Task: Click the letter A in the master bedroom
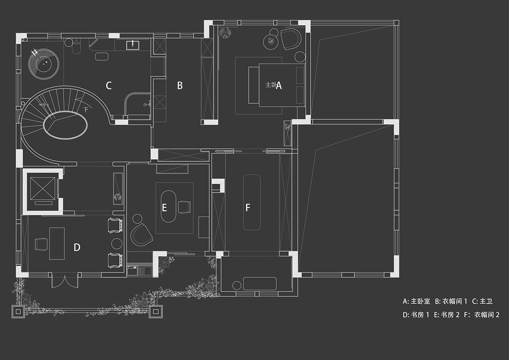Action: click(x=279, y=85)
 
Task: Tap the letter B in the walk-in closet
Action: click(x=180, y=85)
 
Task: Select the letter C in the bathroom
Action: click(x=109, y=85)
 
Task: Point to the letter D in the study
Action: click(x=77, y=247)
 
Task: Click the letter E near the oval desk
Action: click(x=164, y=208)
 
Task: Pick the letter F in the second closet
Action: click(x=248, y=208)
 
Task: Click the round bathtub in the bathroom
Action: click(x=44, y=63)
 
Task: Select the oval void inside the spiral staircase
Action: click(x=65, y=125)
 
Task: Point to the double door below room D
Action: click(x=64, y=280)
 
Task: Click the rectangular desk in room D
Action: click(x=57, y=243)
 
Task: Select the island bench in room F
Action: click(x=251, y=202)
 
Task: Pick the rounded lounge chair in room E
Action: click(x=141, y=235)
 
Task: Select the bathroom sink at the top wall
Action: click(x=132, y=45)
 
